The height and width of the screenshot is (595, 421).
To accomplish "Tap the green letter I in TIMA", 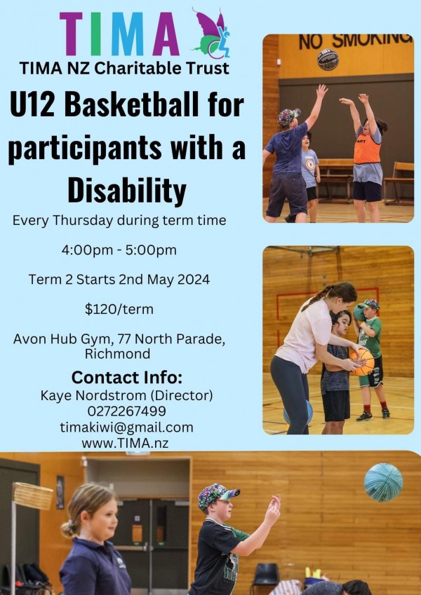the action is (x=96, y=34).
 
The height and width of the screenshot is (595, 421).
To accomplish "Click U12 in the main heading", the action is (x=33, y=104).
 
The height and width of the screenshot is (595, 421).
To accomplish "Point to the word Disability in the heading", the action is (x=127, y=190).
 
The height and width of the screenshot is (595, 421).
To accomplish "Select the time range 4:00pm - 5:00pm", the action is (x=119, y=250).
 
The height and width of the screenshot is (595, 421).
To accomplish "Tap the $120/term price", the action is (x=119, y=309).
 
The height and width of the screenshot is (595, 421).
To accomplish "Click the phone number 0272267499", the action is (x=126, y=411).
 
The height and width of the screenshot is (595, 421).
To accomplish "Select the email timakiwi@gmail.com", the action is (x=126, y=428).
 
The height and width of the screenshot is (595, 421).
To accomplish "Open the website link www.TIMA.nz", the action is (x=125, y=443).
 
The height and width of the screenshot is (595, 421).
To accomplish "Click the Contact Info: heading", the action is (x=127, y=378).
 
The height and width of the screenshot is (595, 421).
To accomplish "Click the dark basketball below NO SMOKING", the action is (x=328, y=60).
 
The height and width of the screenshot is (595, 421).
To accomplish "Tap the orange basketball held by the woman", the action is (x=362, y=362).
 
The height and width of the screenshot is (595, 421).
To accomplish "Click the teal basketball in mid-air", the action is (x=383, y=483).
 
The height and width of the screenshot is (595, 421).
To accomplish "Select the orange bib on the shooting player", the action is (x=367, y=149).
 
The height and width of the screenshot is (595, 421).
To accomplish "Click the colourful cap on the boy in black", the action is (x=218, y=495).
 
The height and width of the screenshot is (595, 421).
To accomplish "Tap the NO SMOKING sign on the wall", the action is (x=355, y=41).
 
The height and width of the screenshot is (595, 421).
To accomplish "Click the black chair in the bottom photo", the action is (x=266, y=578).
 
